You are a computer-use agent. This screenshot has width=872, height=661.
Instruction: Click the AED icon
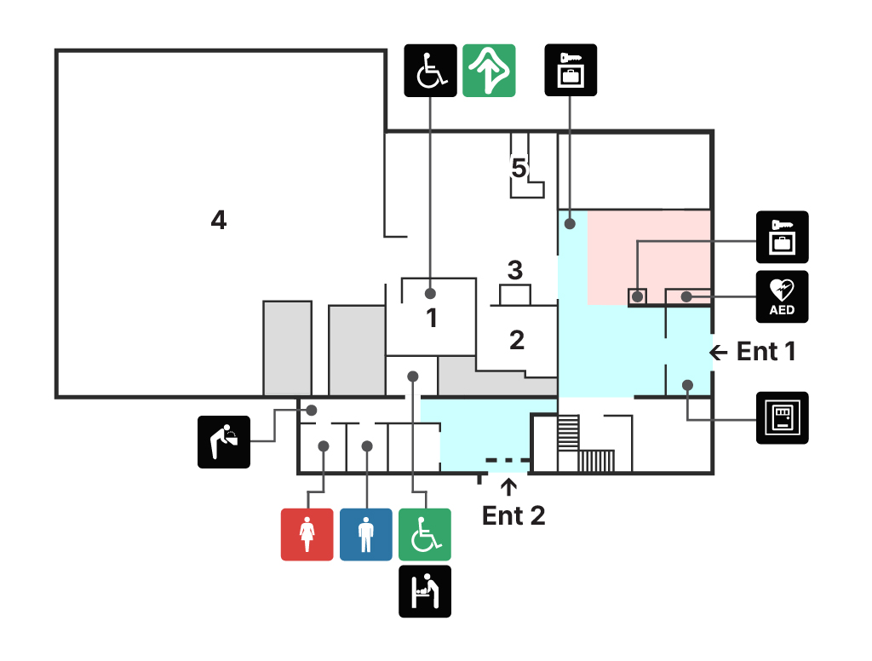782,296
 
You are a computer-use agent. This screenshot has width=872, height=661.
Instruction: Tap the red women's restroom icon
307,534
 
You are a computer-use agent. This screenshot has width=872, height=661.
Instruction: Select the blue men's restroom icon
366,534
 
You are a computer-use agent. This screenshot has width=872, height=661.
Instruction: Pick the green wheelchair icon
425,534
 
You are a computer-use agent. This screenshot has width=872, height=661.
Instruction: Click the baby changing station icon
425,591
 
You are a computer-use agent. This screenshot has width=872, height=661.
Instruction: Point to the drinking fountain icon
224,441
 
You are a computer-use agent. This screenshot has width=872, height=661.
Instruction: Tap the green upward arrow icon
490,70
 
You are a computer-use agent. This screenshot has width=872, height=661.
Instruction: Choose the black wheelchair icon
430,70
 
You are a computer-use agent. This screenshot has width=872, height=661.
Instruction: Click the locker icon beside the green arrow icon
571,70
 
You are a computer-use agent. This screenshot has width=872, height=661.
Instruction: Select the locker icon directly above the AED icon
782,237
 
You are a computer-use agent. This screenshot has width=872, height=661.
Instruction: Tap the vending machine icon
782,417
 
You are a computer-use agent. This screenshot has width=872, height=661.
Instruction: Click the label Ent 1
766,351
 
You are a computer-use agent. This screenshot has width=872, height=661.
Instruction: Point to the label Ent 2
513,515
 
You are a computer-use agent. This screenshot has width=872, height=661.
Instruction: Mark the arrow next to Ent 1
720,351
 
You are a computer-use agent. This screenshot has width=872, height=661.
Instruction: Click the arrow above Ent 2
509,487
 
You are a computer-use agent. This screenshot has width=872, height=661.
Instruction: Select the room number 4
219,221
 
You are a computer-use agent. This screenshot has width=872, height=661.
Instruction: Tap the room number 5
519,167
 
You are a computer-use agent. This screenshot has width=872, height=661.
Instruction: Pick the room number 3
514,271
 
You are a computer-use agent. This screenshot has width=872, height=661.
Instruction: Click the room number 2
517,340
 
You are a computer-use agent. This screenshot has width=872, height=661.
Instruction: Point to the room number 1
432,319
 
